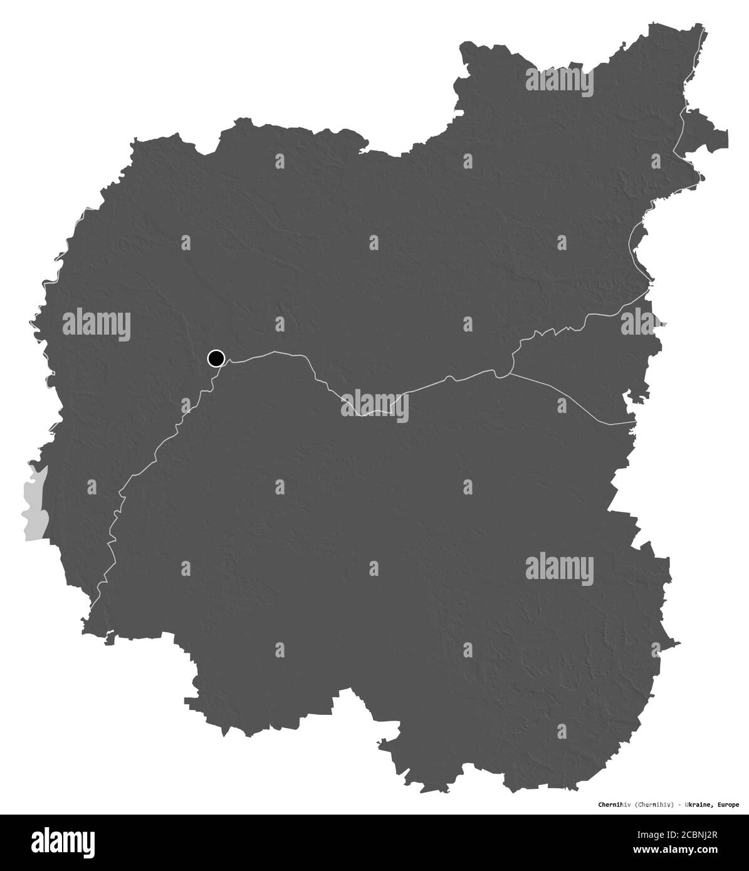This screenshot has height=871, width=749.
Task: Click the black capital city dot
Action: [216, 358]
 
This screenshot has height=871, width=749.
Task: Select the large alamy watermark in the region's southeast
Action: [559, 568]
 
